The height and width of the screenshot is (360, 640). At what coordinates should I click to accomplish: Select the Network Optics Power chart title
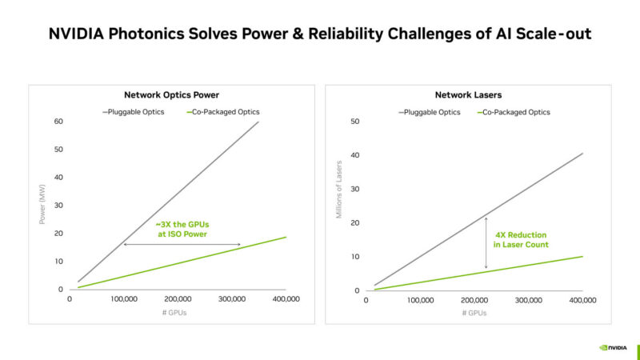point(170,94)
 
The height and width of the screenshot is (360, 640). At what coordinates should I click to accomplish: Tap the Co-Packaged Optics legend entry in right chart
point(517,112)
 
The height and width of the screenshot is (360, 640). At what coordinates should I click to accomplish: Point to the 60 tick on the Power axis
point(58,122)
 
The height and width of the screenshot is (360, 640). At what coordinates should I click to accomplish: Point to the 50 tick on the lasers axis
point(355,122)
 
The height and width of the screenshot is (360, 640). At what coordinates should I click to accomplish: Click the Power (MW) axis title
point(42,205)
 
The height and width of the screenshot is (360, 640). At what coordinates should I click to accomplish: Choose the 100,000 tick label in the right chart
point(421,301)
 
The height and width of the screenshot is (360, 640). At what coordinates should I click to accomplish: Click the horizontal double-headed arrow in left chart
point(182,244)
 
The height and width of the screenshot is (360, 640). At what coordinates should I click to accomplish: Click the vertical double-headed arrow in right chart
point(486,242)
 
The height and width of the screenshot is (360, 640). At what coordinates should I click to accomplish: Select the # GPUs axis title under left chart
point(178,313)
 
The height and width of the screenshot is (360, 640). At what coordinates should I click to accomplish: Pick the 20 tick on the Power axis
point(58,234)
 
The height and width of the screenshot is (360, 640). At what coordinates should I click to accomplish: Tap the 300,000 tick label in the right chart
point(529,301)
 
